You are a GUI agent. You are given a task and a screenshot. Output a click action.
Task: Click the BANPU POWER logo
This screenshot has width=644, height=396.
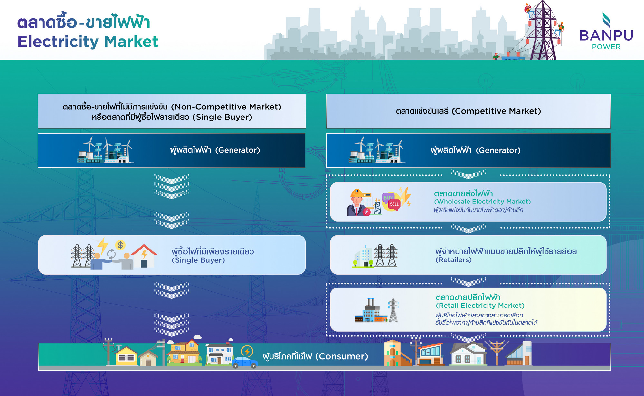pos(606,31)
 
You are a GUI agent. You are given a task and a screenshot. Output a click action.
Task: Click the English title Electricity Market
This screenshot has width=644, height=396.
pos(88,42)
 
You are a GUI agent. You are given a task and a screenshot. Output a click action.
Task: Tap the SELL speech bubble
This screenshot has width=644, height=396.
pos(394,204)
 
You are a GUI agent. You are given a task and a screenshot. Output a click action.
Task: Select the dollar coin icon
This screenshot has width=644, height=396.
pos(120,245)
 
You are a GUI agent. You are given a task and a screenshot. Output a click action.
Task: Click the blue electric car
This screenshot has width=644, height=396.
pos(245,362)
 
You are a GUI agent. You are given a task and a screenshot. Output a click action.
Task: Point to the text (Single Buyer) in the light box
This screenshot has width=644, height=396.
pos(198,260)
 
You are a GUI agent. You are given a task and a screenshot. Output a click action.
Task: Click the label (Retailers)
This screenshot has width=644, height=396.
pos(453,260)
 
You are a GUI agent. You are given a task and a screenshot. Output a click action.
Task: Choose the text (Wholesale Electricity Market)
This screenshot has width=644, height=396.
pos(482,202)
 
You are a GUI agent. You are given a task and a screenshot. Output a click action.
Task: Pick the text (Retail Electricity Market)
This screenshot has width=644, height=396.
pos(480,306)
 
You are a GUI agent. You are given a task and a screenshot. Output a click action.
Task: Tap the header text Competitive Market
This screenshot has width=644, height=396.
pos(496,111)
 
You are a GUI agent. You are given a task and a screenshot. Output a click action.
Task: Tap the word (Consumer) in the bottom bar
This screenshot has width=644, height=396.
pos(341,356)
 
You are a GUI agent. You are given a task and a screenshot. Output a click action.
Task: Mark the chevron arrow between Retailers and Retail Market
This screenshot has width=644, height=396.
pos(469,281)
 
